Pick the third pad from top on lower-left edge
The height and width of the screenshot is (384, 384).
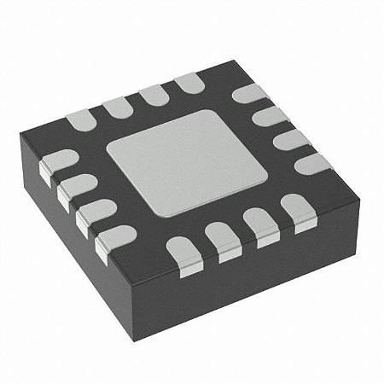click(x=90, y=213)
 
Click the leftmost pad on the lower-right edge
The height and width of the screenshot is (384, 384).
click(x=182, y=249)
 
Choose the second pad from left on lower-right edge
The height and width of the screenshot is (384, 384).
click(x=221, y=236)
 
